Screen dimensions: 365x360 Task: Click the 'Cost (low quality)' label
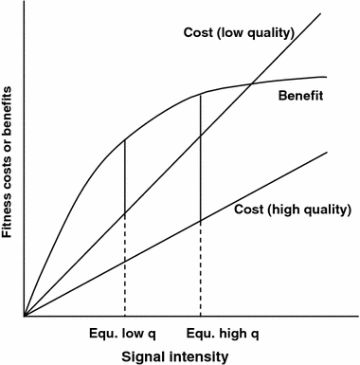coord(238,34)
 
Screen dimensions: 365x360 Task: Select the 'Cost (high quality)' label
coord(293,209)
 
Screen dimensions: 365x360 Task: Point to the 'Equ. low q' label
coord(124,335)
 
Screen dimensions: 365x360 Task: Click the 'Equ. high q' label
coord(200,335)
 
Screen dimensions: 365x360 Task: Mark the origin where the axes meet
coord(25,316)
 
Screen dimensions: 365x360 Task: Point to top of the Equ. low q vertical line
coord(125,140)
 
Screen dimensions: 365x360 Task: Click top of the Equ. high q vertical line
coord(200,93)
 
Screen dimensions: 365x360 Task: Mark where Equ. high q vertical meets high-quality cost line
coord(200,221)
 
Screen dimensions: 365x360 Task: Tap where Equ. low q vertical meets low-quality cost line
coord(125,213)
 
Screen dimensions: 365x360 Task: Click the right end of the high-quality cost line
coord(327,152)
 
